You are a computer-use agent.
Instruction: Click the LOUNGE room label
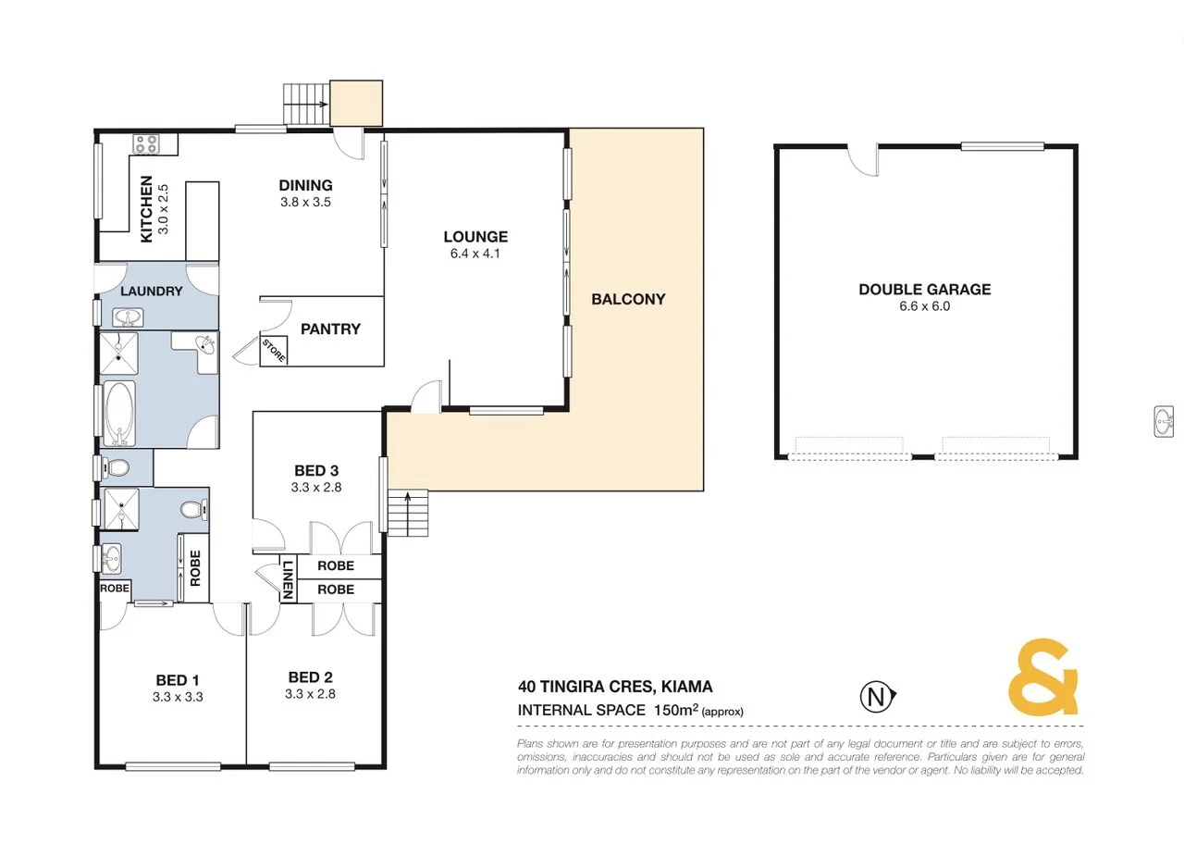475,237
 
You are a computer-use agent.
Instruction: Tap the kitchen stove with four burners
146,143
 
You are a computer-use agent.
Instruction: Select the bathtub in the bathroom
118,413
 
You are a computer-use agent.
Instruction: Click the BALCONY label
628,299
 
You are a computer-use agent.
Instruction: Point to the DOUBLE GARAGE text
924,290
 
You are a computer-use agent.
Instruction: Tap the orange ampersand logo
1042,676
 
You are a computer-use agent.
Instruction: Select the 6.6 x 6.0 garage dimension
924,306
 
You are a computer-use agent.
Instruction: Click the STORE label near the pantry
274,352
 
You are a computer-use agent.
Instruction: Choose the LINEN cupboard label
288,579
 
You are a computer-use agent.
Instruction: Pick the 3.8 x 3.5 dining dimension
305,202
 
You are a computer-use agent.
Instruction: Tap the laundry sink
129,318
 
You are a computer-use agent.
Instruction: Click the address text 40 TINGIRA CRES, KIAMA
615,688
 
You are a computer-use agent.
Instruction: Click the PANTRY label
330,329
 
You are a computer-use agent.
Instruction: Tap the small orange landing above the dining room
357,103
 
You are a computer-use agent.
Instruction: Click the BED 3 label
316,470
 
